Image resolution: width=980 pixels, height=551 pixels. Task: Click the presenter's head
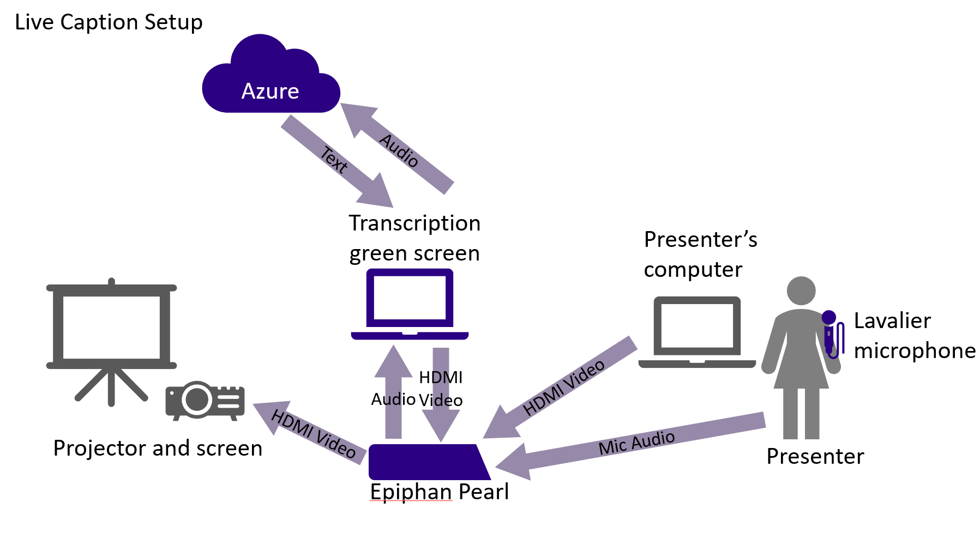pyautogui.click(x=801, y=291)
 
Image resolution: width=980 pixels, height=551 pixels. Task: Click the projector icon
pyautogui.click(x=205, y=401)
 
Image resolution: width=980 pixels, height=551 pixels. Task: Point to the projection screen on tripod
pyautogui.click(x=112, y=328)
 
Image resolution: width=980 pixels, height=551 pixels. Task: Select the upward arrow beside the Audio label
pyautogui.click(x=393, y=392)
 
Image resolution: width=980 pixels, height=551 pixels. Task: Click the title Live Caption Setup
pyautogui.click(x=109, y=22)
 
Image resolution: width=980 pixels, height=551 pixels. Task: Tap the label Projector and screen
pyautogui.click(x=158, y=449)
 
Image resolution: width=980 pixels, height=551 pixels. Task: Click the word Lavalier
pyautogui.click(x=892, y=321)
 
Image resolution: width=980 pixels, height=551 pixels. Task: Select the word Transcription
pyautogui.click(x=414, y=223)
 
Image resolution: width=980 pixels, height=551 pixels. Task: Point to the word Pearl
pyautogui.click(x=484, y=492)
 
